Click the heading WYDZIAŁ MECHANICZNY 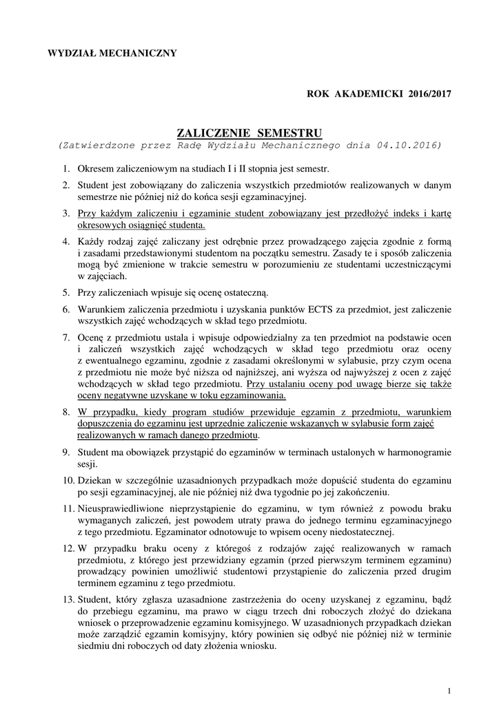coord(111,53)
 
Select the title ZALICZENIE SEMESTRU coord(250,132)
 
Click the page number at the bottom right coord(449,691)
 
